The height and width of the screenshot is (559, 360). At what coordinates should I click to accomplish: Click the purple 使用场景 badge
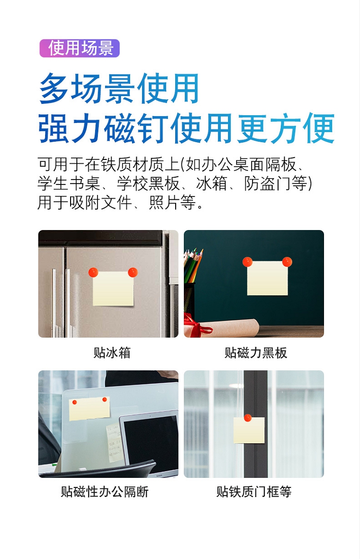point(80,48)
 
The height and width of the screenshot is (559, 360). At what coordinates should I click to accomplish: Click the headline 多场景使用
point(119,88)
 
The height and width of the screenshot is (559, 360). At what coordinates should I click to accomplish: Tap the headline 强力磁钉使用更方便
point(186,128)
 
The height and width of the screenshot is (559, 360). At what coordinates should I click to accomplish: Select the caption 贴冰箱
point(112,352)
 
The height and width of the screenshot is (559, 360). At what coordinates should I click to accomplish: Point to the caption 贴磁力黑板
point(255,352)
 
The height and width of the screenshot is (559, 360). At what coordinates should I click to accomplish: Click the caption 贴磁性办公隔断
point(105,492)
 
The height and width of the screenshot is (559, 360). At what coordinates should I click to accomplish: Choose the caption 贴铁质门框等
point(254,492)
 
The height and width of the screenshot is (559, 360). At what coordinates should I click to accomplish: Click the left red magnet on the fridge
point(94,272)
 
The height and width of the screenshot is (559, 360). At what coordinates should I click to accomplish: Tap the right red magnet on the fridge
point(132,272)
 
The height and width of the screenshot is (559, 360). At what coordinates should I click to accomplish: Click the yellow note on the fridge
point(113,289)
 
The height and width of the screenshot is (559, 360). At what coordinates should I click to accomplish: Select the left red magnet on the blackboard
point(247,262)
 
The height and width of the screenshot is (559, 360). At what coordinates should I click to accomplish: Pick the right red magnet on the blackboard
point(287,262)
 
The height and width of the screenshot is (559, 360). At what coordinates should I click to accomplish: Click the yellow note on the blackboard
point(267,278)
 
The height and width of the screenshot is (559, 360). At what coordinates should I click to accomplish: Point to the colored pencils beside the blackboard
point(193,266)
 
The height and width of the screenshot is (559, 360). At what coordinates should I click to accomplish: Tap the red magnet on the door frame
point(247,418)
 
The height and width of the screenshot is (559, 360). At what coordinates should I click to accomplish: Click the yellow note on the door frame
point(249,430)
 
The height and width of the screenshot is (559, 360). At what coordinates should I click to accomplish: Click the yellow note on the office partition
point(89,408)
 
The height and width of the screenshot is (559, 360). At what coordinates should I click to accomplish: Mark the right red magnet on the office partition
point(105,400)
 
